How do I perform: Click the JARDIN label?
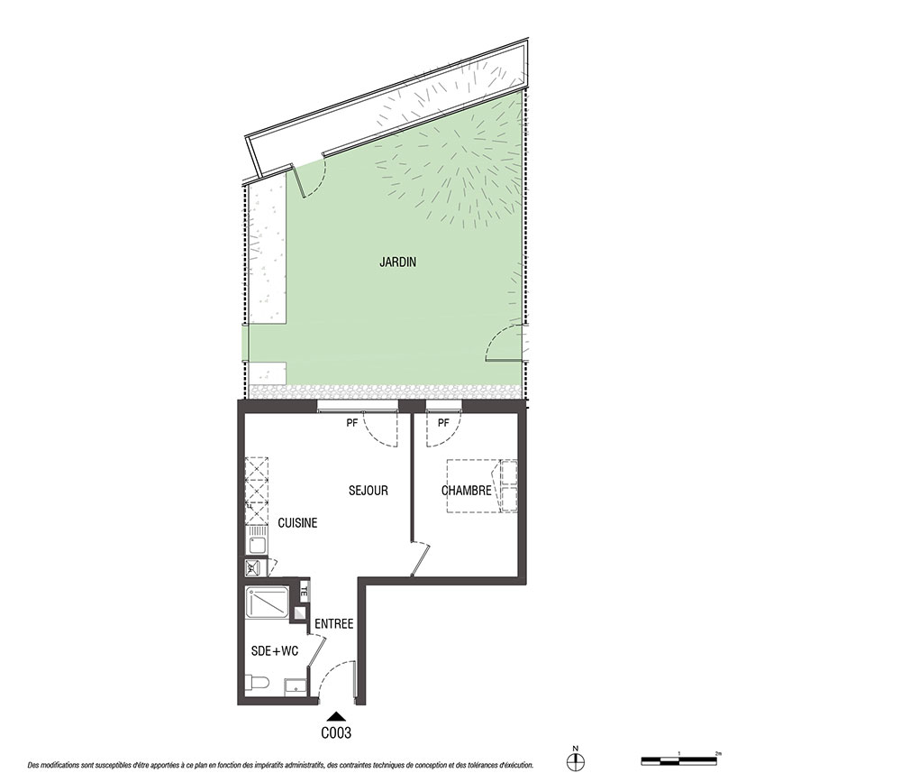pyautogui.click(x=397, y=262)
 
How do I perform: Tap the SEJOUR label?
pyautogui.click(x=369, y=491)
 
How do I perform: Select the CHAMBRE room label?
pyautogui.click(x=466, y=491)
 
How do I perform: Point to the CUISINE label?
pyautogui.click(x=297, y=523)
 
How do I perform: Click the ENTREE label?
pyautogui.click(x=334, y=624)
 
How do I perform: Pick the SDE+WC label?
pyautogui.click(x=275, y=651)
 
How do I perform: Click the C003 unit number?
pyautogui.click(x=336, y=732)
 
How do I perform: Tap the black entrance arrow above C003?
pyautogui.click(x=337, y=717)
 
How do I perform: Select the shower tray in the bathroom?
pyautogui.click(x=268, y=603)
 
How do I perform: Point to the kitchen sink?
pyautogui.click(x=256, y=544)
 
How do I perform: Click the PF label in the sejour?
pyautogui.click(x=351, y=423)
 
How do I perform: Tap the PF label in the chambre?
pyautogui.click(x=443, y=423)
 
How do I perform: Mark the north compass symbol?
pyautogui.click(x=575, y=761)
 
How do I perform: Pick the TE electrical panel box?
pyautogui.click(x=305, y=589)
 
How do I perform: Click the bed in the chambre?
pyautogui.click(x=481, y=486)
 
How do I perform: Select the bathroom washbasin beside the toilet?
pyautogui.click(x=296, y=686)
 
